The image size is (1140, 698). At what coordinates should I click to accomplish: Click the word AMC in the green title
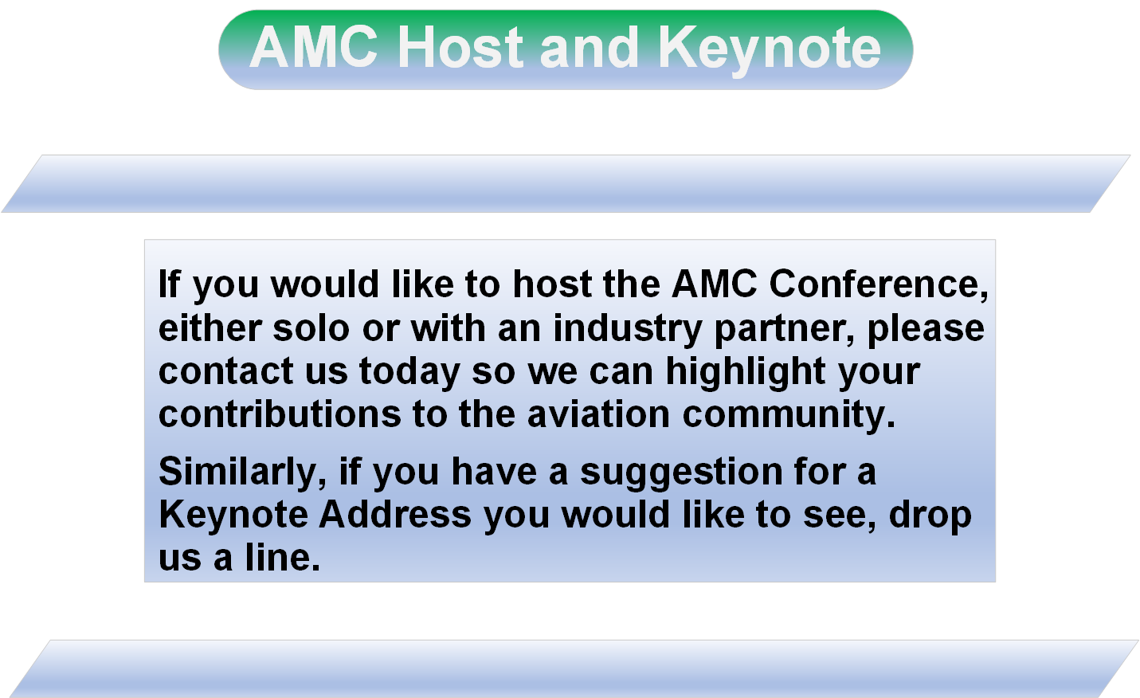314,47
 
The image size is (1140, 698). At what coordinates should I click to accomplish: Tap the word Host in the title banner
460,47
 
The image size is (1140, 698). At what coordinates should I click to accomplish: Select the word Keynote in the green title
770,49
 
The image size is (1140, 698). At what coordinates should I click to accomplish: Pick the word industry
628,330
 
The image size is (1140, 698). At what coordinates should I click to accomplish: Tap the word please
926,330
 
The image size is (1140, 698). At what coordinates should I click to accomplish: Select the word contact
226,371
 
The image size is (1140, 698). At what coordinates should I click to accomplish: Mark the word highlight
746,372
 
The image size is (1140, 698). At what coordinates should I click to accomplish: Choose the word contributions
280,414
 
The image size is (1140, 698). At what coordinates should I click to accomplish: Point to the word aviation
598,414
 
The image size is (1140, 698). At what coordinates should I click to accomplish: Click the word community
789,415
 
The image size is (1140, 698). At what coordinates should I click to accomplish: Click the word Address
395,514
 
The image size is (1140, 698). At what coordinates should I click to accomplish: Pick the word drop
930,516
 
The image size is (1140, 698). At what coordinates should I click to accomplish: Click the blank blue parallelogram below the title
566,183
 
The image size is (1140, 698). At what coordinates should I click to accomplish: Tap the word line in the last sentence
283,557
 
